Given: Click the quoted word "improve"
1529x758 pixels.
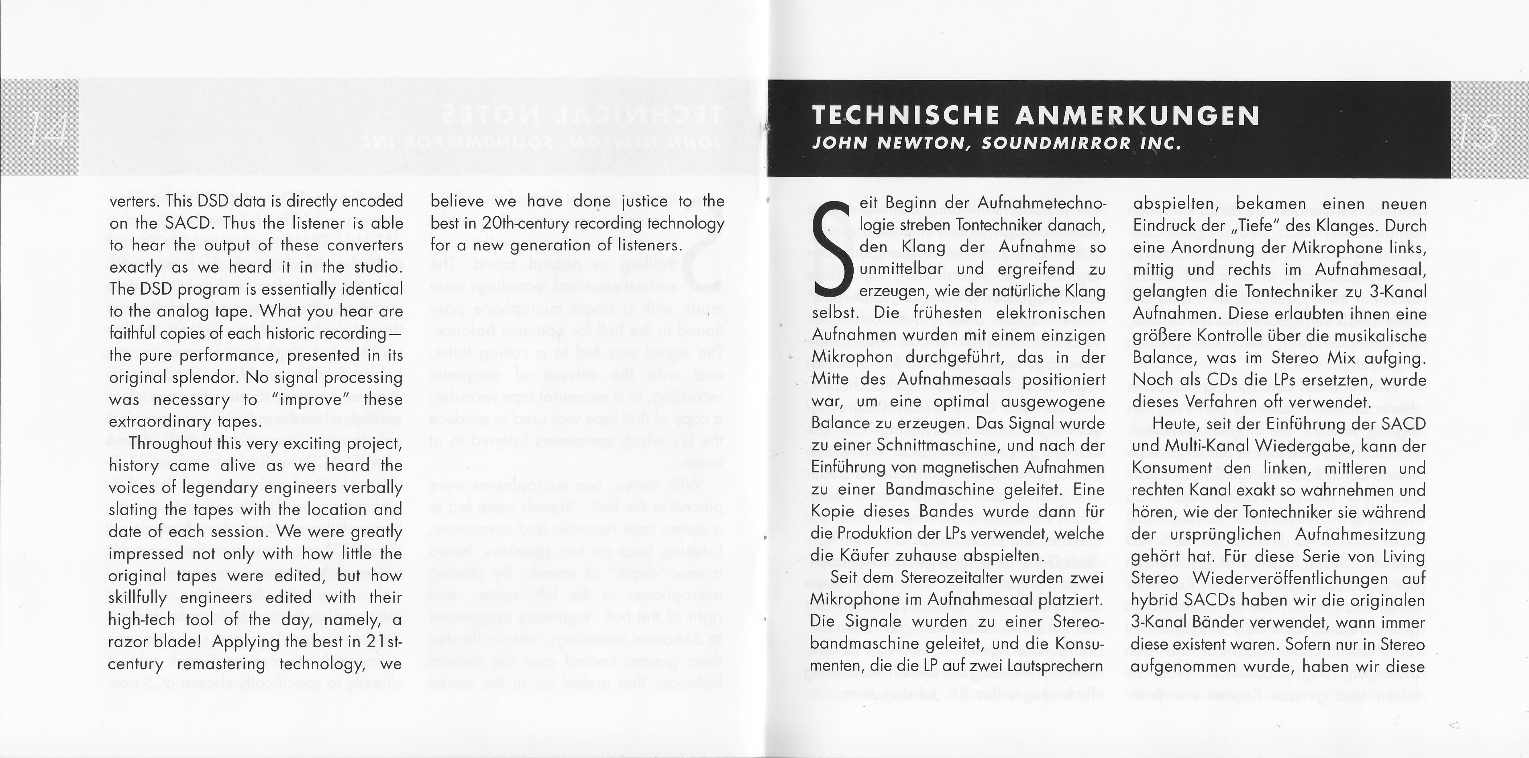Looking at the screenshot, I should (312, 400).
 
